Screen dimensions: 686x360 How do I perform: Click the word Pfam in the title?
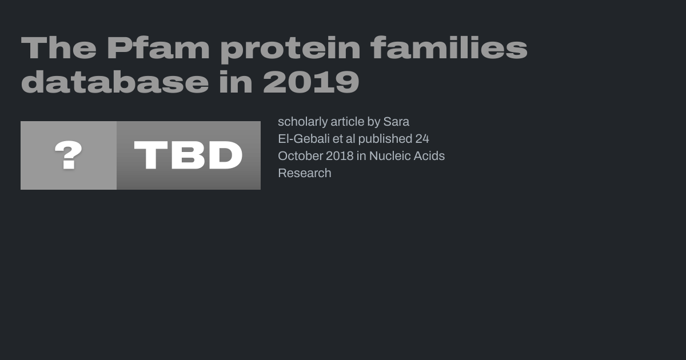pos(158,48)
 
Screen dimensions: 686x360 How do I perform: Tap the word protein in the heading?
pos(290,49)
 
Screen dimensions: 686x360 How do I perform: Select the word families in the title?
pos(449,47)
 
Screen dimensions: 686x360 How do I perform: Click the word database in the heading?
pos(115,81)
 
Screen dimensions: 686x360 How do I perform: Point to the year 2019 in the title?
pos(311,81)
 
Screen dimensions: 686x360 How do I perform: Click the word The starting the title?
pos(58,48)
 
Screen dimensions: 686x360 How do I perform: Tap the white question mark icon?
pos(68,155)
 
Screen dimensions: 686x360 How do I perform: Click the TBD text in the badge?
pos(188,155)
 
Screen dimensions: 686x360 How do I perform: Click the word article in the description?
pos(348,122)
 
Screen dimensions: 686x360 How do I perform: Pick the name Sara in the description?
pos(396,122)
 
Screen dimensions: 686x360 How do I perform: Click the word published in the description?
pos(385,139)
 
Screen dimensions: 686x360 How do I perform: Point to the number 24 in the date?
pos(422,139)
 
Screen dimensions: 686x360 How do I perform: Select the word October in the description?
pos(300,156)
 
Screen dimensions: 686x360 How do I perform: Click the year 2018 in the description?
pos(340,156)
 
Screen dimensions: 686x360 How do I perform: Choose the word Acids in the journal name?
pos(429,156)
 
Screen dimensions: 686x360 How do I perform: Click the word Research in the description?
pos(305,173)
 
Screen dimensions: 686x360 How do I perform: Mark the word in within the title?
pos(236,81)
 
